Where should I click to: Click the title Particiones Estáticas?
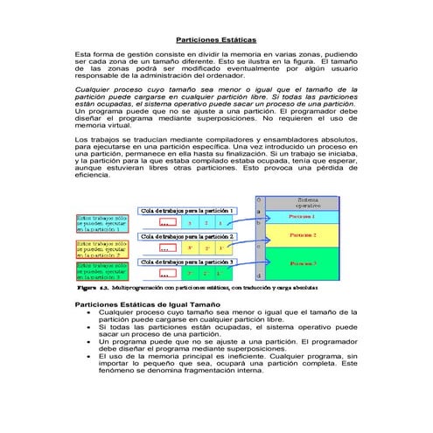[x=216, y=40]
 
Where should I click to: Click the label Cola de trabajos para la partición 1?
[x=187, y=211]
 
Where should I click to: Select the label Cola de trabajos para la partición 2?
[x=187, y=236]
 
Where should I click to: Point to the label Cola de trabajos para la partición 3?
[x=187, y=262]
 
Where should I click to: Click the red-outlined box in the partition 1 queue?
[x=163, y=223]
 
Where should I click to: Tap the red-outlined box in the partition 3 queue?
[x=163, y=274]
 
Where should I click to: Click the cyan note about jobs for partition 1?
[x=101, y=222]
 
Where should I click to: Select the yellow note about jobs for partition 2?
[x=101, y=248]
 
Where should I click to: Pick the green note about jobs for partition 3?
[x=101, y=272]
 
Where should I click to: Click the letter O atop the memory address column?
[x=258, y=199]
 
